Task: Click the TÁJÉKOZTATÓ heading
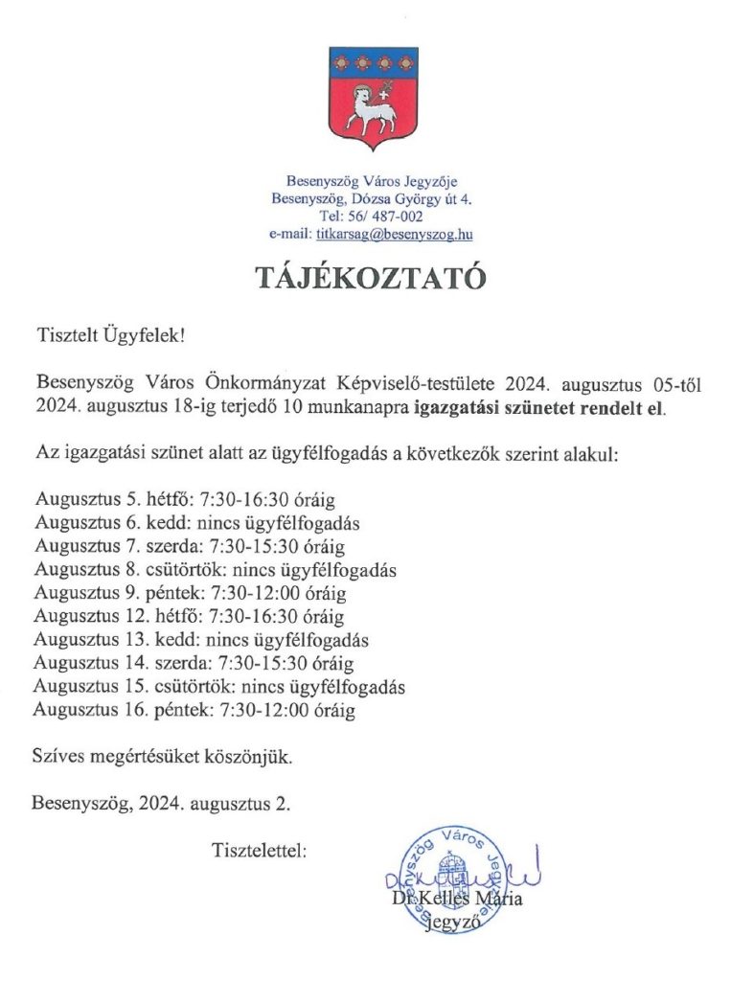click(370, 278)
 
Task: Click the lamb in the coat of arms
click(371, 108)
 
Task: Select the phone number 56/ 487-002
click(387, 217)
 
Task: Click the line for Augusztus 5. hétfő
click(185, 501)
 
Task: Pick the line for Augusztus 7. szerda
click(189, 547)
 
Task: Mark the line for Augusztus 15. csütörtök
click(218, 687)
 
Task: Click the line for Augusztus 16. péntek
click(194, 711)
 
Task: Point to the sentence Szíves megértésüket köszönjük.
click(162, 757)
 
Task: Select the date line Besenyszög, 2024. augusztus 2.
click(161, 804)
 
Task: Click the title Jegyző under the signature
click(457, 924)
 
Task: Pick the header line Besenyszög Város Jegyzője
click(373, 181)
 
